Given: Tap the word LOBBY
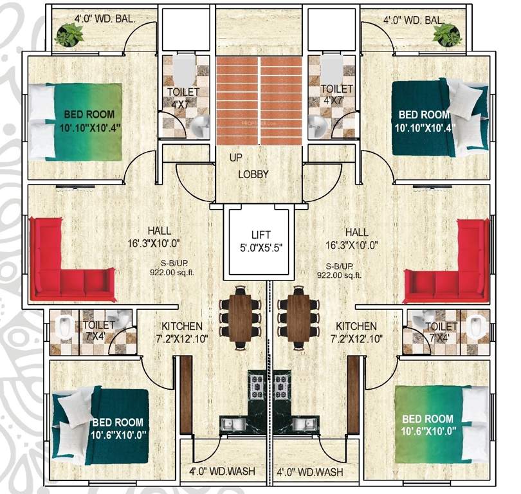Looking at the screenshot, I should (x=253, y=174).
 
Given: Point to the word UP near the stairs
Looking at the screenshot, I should (x=237, y=157).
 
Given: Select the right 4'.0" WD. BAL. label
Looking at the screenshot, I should (x=414, y=20).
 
